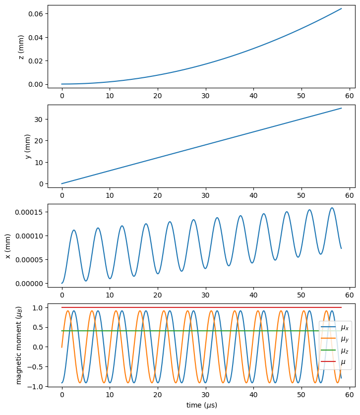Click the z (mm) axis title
(21, 47)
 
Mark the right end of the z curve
(341, 8)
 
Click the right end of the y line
(341, 108)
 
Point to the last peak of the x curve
(332, 208)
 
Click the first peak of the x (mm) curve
(74, 230)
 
